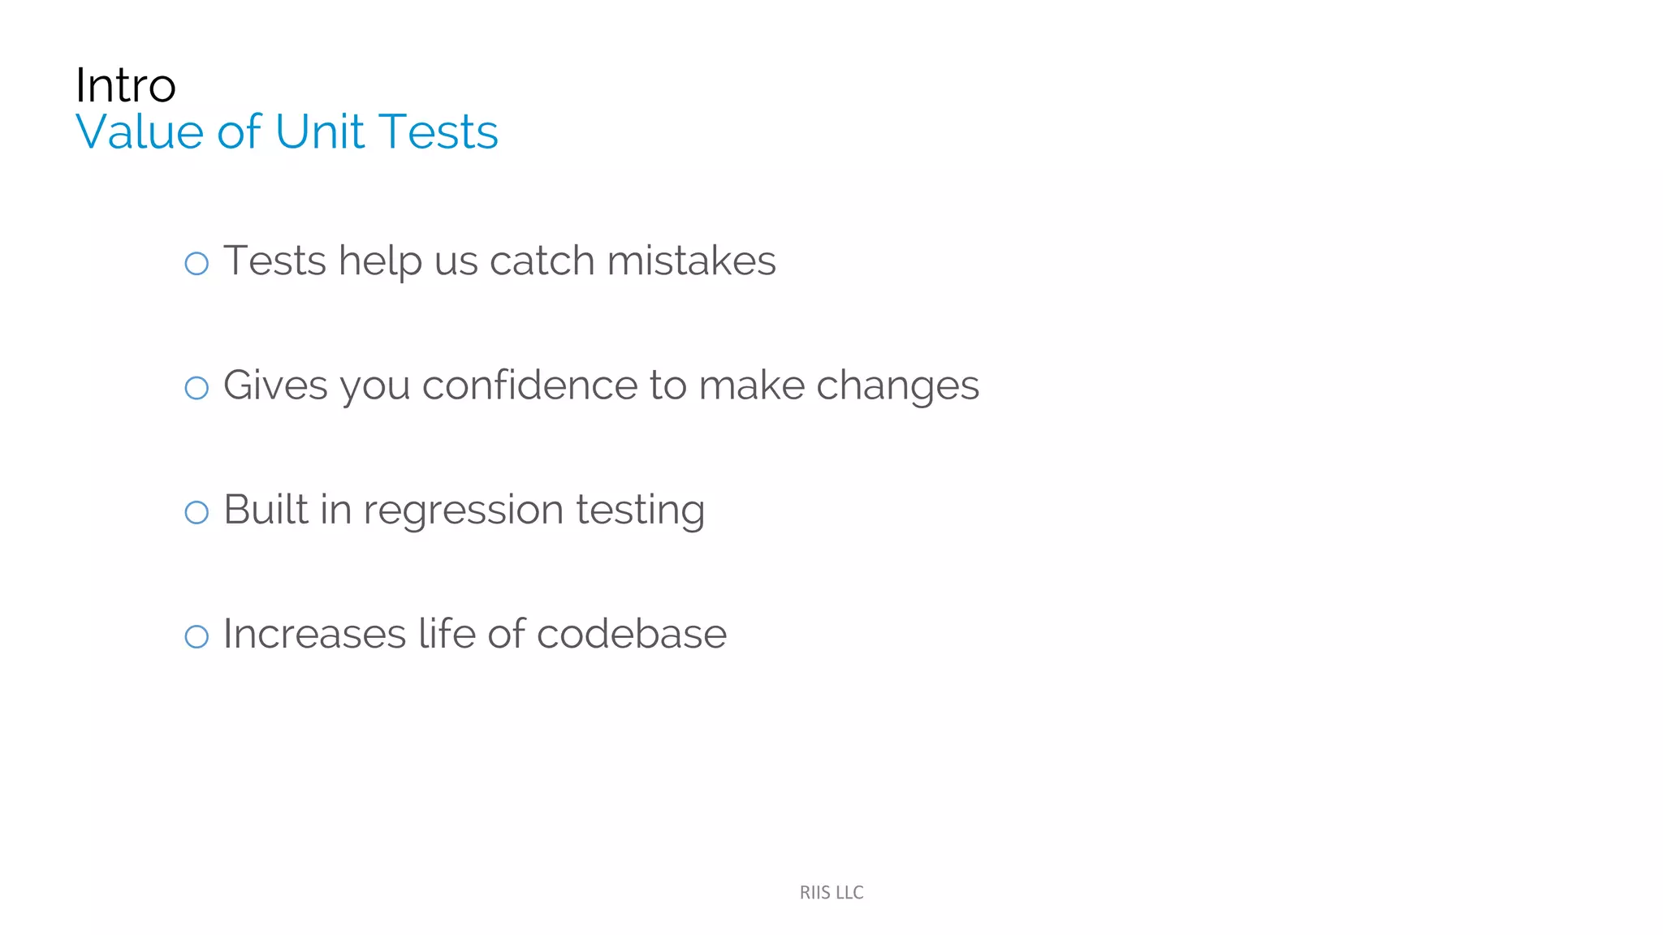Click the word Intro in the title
click(125, 85)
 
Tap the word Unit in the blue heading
click(320, 131)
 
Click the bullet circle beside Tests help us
click(197, 263)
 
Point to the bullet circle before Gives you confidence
click(197, 388)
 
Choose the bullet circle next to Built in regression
click(197, 512)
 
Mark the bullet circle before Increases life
click(197, 636)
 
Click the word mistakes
click(691, 261)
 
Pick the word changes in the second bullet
click(897, 387)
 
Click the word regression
click(463, 511)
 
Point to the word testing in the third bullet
click(640, 511)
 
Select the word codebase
click(631, 634)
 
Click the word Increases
click(314, 634)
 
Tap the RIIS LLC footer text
click(831, 893)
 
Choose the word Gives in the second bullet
click(275, 386)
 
